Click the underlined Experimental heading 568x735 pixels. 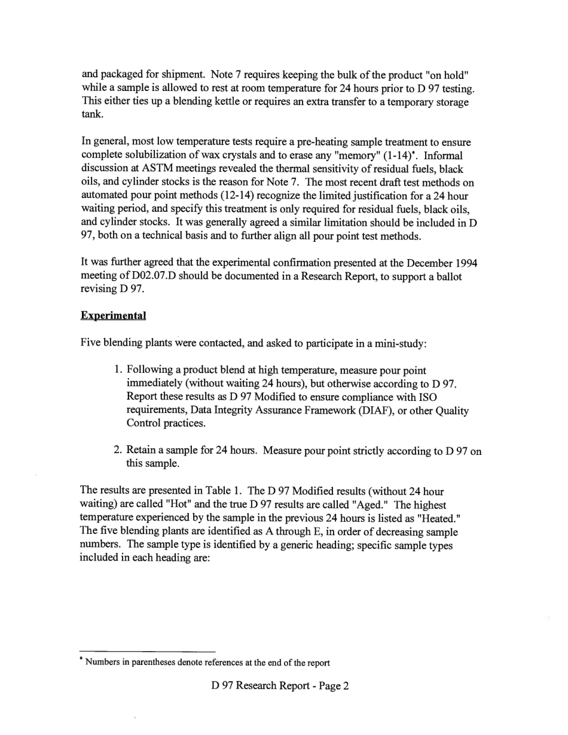[113, 315]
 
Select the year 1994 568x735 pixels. [464, 263]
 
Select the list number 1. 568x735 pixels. [118, 371]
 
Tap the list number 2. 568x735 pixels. [118, 451]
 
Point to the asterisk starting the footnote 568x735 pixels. [82, 660]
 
